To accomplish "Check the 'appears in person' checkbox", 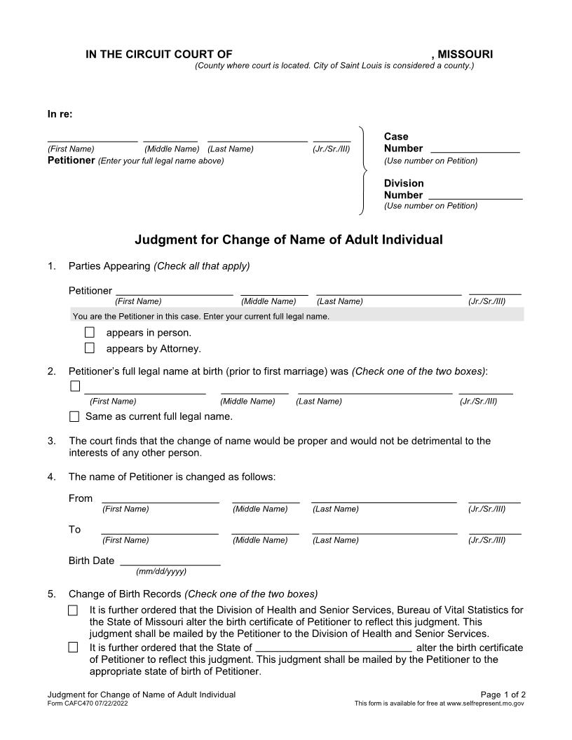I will click(89, 333).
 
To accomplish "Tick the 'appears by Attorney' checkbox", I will click(89, 348).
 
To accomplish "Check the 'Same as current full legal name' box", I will click(74, 417).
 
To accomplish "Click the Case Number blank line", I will click(475, 148).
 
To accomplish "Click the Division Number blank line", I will click(475, 195).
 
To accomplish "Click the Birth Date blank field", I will click(170, 561).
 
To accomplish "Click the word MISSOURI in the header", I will click(465, 54).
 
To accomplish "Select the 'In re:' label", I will click(60, 114).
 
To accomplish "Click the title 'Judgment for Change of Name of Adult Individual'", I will click(288, 240).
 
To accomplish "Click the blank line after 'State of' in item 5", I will click(334, 647).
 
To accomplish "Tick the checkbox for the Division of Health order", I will click(73, 610).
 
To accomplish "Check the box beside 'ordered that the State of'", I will click(73, 647).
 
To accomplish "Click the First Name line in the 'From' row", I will click(160, 498).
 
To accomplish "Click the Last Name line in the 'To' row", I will click(384, 530).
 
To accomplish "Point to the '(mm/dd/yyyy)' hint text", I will click(161, 572).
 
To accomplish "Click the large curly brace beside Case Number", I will click(363, 170).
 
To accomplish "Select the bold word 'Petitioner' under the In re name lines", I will click(70, 160).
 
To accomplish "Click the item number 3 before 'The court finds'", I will click(51, 441).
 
